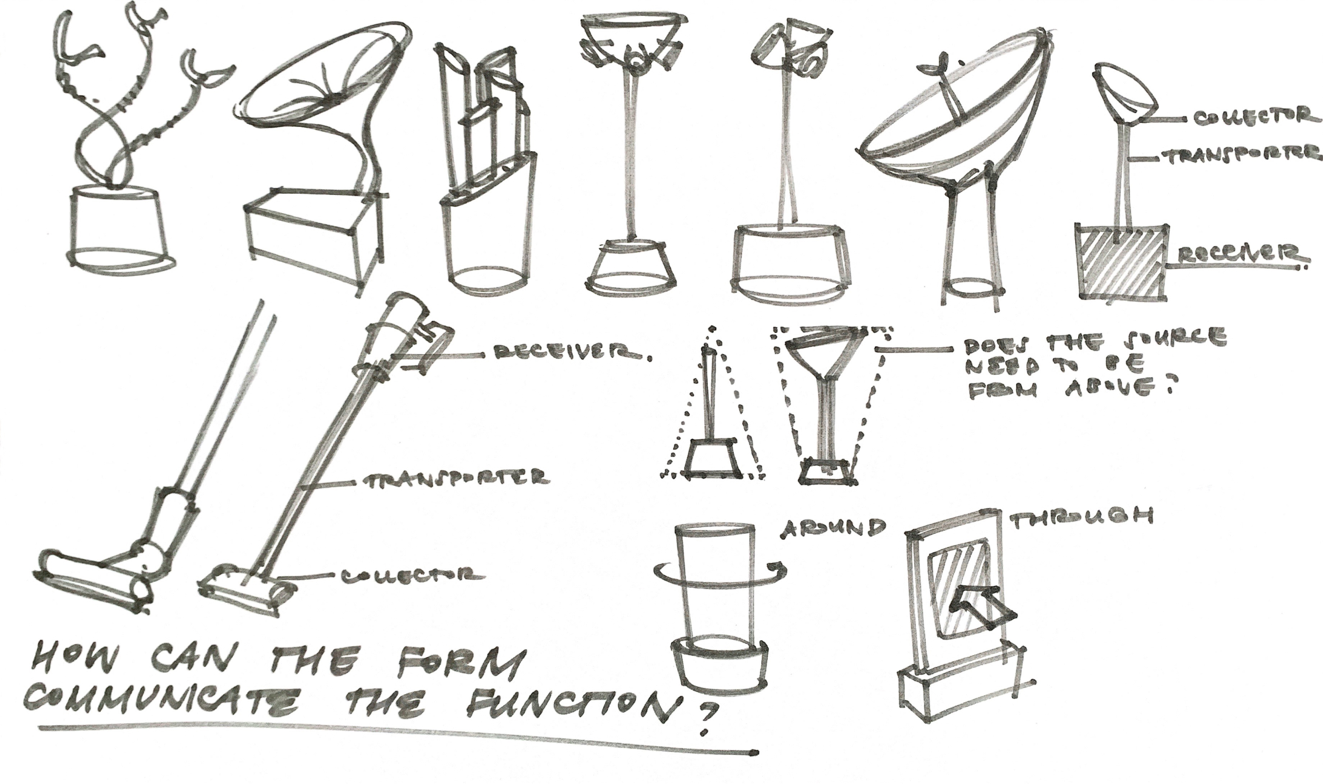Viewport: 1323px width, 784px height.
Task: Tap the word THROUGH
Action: (x=1081, y=517)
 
